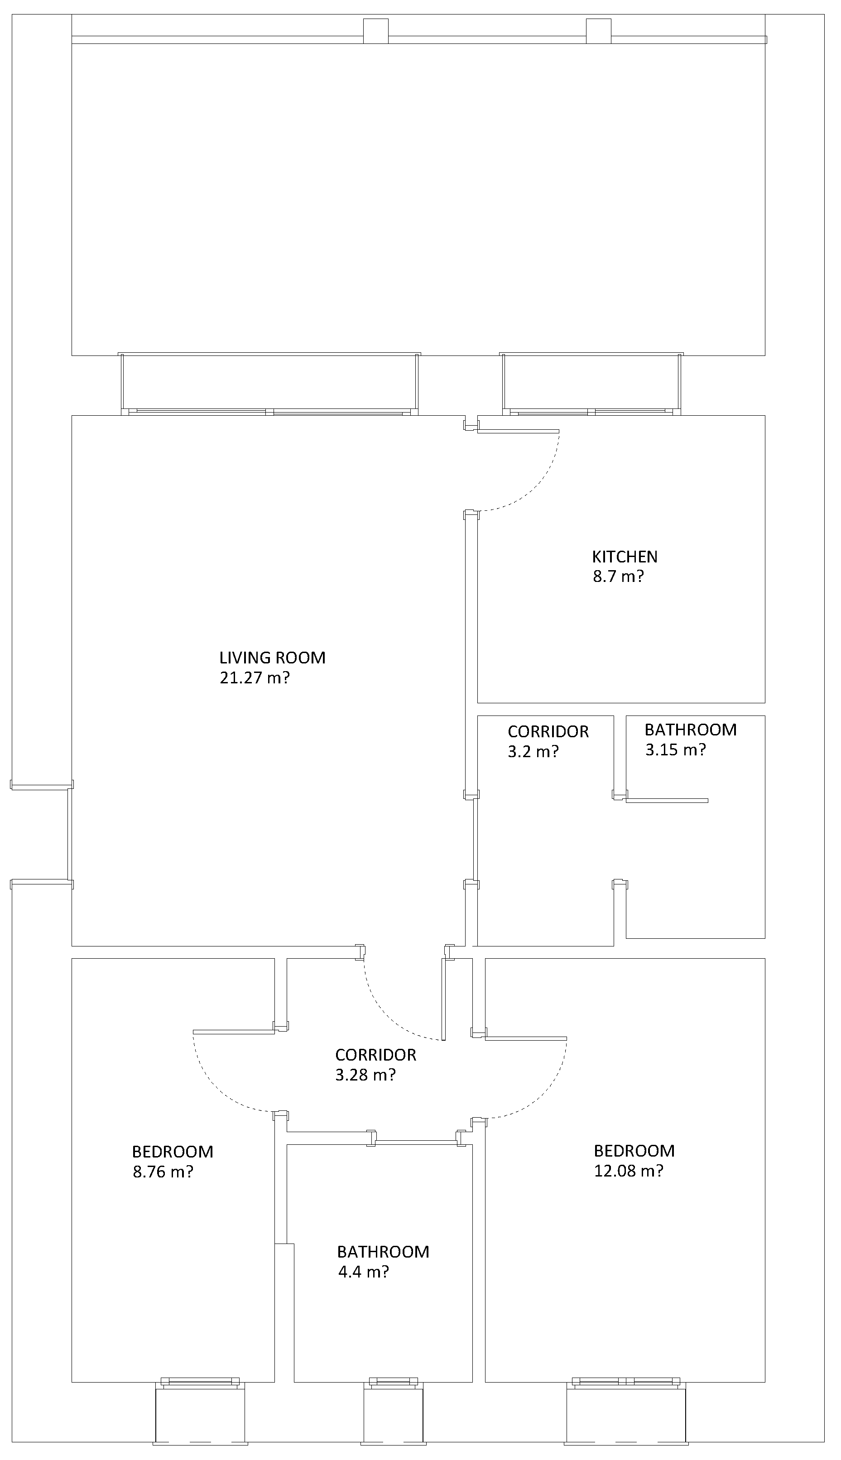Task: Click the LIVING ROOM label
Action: pyautogui.click(x=272, y=658)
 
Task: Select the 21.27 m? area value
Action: pyautogui.click(x=254, y=678)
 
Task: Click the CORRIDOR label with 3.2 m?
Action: pyautogui.click(x=548, y=732)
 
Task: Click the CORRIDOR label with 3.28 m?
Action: pyautogui.click(x=375, y=1055)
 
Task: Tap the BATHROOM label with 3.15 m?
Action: pyautogui.click(x=690, y=730)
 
